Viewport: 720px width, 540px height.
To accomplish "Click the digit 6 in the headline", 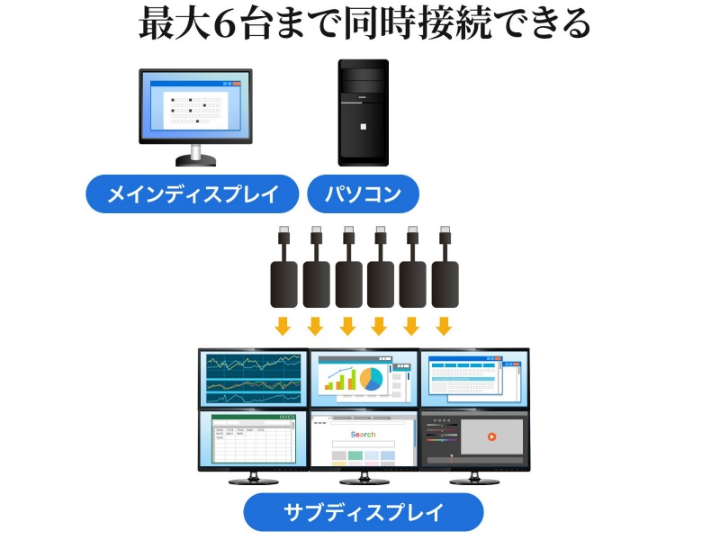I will [x=221, y=24].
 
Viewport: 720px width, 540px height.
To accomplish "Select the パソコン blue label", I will [x=364, y=193].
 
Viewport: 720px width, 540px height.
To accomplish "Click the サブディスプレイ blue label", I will [x=363, y=513].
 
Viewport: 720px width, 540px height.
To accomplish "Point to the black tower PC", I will [x=364, y=112].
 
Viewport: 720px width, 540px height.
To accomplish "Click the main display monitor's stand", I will [x=195, y=157].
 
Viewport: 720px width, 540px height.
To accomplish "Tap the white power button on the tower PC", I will [x=364, y=126].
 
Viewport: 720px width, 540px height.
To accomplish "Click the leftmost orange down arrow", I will [x=283, y=325].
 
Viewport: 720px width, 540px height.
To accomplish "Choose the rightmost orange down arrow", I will [x=443, y=325].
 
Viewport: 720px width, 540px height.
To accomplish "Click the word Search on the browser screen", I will [x=364, y=435].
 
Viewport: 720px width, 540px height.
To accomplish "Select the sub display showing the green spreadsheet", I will [x=253, y=439].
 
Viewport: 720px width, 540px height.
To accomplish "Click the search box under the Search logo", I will [x=364, y=445].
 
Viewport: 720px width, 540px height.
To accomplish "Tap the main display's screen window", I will [x=195, y=105].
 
